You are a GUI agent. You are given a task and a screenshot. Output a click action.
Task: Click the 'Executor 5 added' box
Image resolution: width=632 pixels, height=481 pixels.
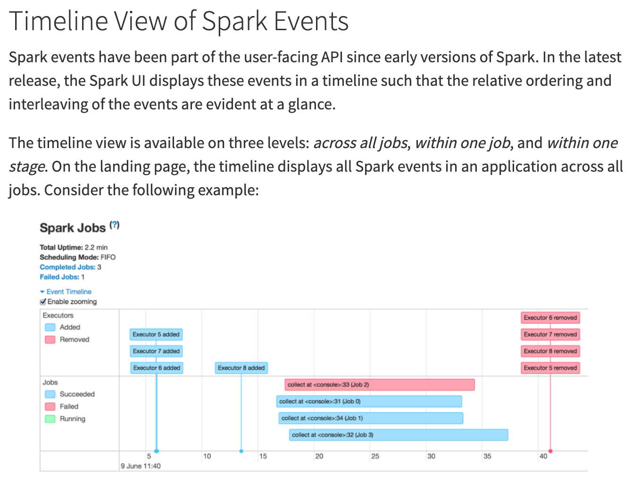tap(156, 334)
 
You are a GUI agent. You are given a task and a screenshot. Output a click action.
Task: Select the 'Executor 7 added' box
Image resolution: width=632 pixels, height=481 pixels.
tap(156, 351)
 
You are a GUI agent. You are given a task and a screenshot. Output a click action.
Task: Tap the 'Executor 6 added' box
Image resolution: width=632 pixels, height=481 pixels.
tap(157, 368)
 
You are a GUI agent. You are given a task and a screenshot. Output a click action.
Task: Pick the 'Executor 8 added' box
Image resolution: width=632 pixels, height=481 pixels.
tap(241, 368)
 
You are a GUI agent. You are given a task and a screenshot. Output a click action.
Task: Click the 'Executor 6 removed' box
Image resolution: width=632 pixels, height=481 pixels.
tap(550, 318)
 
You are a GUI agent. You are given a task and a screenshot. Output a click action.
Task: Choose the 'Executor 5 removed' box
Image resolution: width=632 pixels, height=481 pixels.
tap(550, 368)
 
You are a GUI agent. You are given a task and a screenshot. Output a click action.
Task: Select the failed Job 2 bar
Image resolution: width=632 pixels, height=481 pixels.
tap(379, 385)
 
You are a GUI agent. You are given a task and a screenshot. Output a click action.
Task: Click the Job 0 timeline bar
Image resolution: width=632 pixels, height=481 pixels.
tap(369, 401)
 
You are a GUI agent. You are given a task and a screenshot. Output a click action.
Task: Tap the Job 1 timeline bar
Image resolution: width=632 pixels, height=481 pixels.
tap(371, 418)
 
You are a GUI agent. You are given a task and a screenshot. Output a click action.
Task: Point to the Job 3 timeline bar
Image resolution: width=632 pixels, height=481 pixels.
tap(398, 435)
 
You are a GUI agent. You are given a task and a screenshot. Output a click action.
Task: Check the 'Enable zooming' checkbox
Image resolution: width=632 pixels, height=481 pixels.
tap(43, 302)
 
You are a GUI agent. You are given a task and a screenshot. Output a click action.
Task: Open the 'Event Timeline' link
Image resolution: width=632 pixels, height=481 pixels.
tap(68, 292)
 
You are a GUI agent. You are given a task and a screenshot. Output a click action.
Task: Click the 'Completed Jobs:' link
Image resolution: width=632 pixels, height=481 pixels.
tap(67, 267)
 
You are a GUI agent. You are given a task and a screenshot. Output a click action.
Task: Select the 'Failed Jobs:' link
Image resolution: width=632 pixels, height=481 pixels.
tap(59, 277)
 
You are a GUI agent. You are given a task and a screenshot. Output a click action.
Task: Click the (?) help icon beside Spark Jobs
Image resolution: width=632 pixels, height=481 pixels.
tap(115, 225)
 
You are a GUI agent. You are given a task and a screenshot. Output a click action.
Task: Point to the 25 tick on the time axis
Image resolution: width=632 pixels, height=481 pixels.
tap(375, 456)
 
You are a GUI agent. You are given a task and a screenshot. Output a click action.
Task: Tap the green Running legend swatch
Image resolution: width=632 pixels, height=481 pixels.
tap(50, 419)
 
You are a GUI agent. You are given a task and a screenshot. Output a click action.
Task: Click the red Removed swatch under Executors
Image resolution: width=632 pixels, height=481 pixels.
tap(50, 340)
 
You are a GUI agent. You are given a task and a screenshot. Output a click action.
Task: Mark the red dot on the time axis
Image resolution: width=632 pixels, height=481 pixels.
tap(550, 451)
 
